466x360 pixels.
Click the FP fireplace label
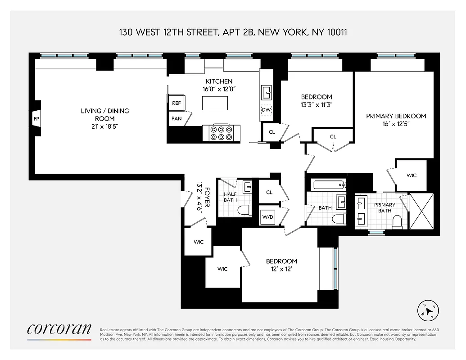point(36,119)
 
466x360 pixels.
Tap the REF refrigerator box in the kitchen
point(176,103)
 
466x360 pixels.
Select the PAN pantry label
point(176,119)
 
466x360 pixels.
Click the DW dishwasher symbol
point(266,110)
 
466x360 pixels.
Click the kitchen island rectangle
point(215,103)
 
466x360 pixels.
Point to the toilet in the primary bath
point(397,220)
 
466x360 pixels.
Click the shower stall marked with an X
point(421,211)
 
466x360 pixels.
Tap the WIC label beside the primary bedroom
point(411,175)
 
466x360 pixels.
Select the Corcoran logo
point(59,329)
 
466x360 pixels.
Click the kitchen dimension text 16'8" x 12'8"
point(219,89)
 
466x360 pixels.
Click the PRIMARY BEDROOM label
point(396,116)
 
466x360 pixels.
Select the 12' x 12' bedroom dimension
point(281,269)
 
